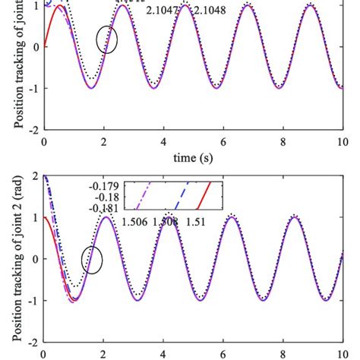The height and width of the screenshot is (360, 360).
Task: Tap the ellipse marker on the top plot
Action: pyautogui.click(x=107, y=39)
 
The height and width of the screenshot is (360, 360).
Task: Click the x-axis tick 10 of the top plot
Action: pyautogui.click(x=340, y=142)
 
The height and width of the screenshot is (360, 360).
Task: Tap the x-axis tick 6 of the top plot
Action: pyautogui.click(x=223, y=142)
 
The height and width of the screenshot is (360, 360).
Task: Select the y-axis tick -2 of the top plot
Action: pyautogui.click(x=33, y=130)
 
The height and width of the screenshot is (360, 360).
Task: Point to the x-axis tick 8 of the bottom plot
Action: pyautogui.click(x=282, y=355)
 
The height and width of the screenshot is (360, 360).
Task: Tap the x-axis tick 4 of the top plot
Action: pyautogui.click(x=163, y=142)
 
